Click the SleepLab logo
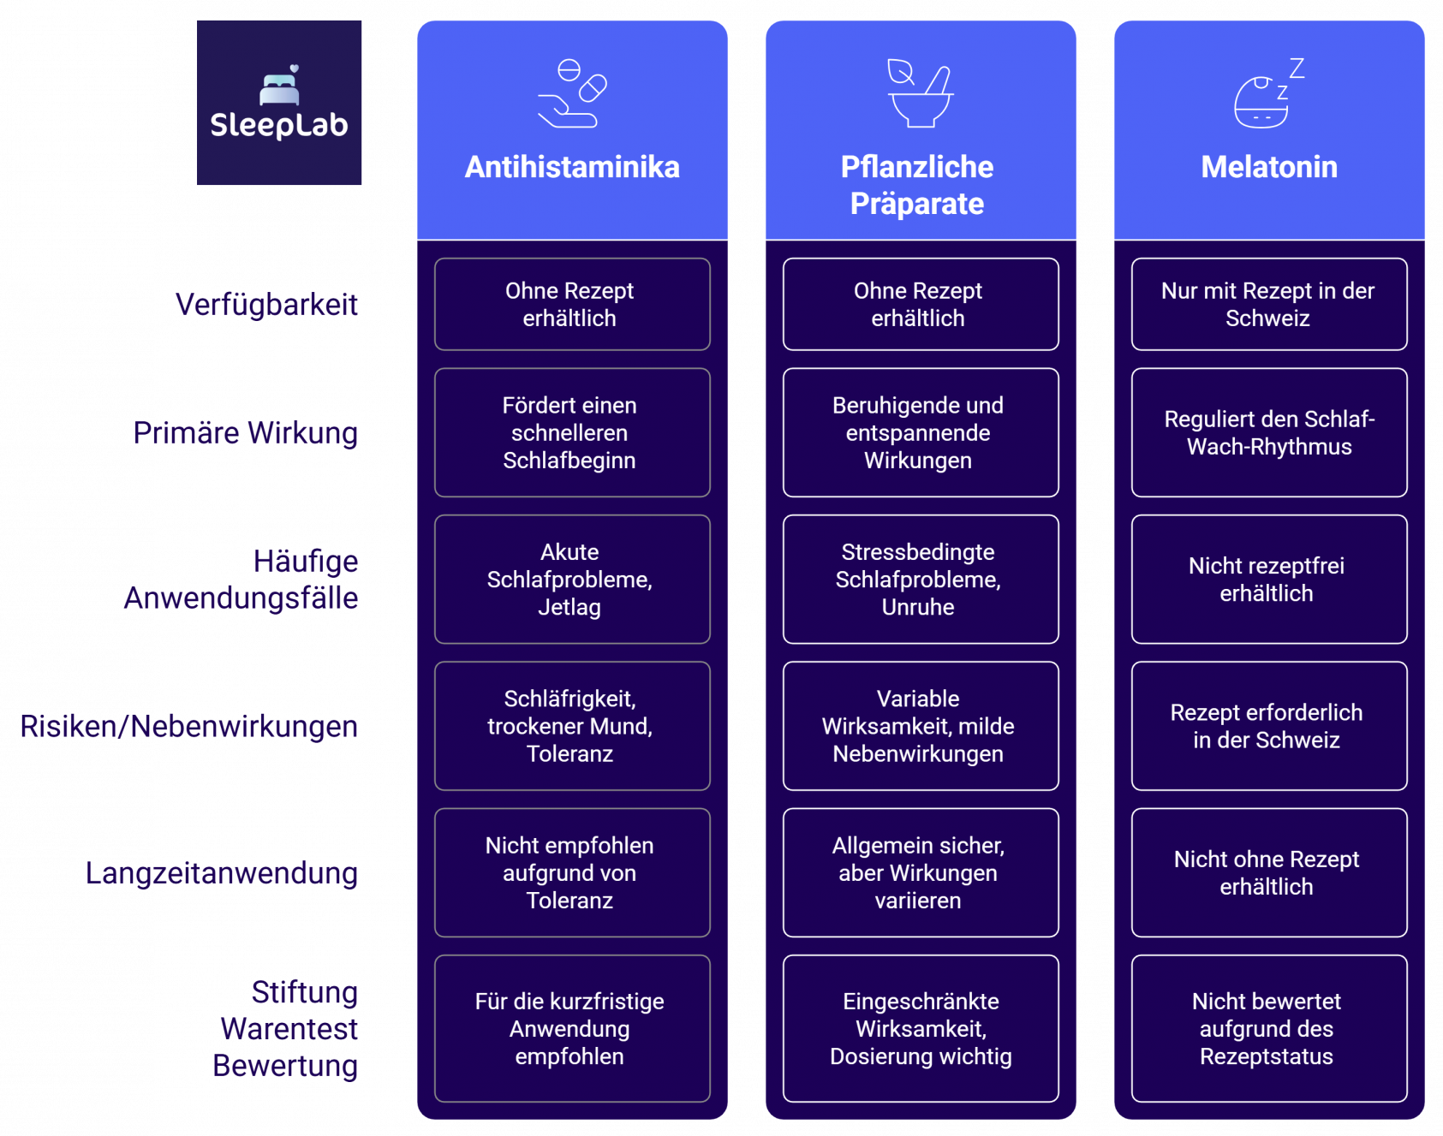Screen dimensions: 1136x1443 coord(279,103)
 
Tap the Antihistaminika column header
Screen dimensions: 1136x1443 coord(572,167)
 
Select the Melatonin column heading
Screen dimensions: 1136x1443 coord(1268,167)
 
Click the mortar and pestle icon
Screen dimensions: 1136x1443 coord(920,93)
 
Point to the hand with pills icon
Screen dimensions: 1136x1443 coord(572,93)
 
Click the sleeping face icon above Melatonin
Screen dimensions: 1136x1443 coord(1268,93)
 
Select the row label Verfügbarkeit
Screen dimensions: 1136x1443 coord(266,305)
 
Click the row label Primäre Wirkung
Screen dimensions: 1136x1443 coord(246,433)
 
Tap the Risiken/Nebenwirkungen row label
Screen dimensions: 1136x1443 coord(189,727)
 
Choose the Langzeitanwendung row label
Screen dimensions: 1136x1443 coord(222,873)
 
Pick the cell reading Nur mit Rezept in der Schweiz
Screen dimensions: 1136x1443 coord(1268,305)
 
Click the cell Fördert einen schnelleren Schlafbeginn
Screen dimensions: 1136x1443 coord(571,433)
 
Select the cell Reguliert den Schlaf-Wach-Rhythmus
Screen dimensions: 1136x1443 coord(1268,433)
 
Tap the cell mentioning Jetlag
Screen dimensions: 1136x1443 coord(571,580)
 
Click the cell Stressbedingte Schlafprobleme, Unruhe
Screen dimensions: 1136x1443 coord(920,580)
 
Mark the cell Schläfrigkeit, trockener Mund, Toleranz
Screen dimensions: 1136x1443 coord(571,727)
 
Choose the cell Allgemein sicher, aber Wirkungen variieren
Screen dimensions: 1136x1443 coord(920,873)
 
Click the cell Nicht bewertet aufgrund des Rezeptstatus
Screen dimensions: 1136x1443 coord(1268,1029)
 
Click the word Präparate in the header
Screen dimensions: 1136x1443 coord(916,205)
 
